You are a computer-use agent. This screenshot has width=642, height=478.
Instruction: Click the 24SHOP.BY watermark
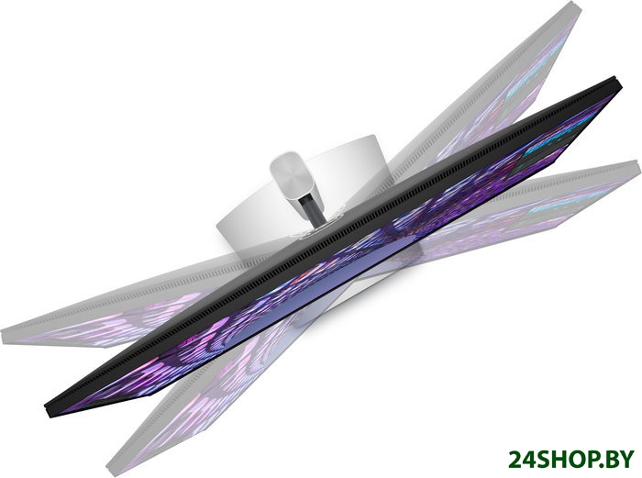tap(570, 459)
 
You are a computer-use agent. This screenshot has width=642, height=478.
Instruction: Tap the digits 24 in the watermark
tap(522, 459)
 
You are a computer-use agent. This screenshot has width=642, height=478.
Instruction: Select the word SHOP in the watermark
tap(565, 459)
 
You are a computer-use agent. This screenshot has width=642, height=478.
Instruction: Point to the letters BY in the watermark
tap(618, 459)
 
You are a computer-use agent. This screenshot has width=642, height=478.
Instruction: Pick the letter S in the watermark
tap(542, 459)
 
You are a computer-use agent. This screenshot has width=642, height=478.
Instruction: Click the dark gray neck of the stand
tap(310, 209)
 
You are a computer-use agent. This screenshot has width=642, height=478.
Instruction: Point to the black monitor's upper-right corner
tap(617, 78)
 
